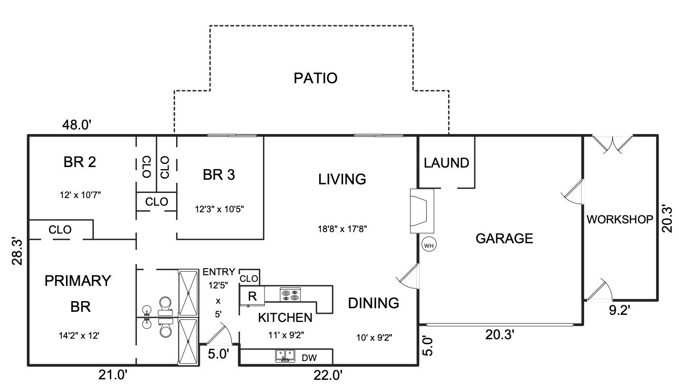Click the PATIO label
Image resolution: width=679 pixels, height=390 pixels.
click(x=315, y=78)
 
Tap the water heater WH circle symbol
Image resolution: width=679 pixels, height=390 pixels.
click(x=429, y=245)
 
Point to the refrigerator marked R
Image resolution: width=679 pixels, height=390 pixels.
click(x=252, y=297)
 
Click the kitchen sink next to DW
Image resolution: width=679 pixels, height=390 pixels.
click(x=286, y=356)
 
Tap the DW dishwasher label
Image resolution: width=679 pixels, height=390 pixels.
click(x=309, y=357)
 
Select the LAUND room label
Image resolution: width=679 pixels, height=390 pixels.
click(x=446, y=163)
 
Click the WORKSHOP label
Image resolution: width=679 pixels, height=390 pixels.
click(x=620, y=220)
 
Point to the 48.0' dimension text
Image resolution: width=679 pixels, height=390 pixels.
click(x=77, y=124)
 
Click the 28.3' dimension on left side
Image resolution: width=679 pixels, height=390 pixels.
click(x=17, y=252)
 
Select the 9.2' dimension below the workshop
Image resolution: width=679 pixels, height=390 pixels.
click(x=619, y=310)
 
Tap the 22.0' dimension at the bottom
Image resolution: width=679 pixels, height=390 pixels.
click(x=327, y=376)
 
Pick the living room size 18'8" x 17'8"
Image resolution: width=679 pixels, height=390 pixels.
click(x=342, y=229)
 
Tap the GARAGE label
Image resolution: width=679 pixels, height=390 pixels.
click(x=504, y=238)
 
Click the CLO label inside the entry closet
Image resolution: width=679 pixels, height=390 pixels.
click(x=249, y=279)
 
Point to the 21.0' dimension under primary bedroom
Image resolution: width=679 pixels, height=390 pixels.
click(x=112, y=376)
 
